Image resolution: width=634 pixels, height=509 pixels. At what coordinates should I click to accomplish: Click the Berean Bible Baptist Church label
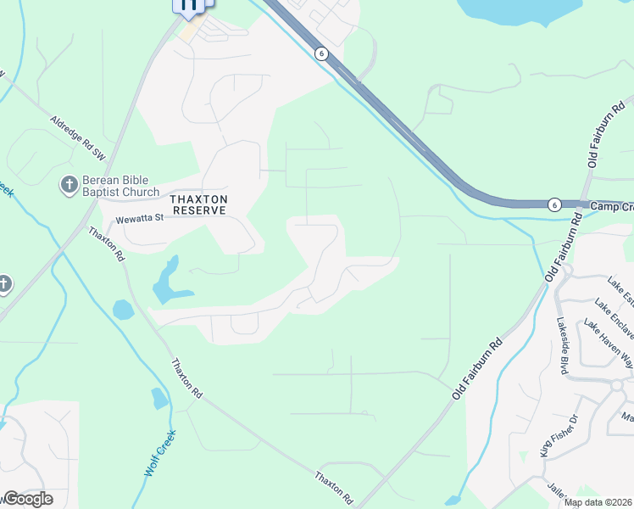[x=120, y=186]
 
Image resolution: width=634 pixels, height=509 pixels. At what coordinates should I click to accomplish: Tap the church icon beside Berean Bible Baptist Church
[x=68, y=184]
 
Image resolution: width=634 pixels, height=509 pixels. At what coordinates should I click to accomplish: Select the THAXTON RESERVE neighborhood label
[x=198, y=204]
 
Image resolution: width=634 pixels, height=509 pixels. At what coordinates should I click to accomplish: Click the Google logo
[x=27, y=499]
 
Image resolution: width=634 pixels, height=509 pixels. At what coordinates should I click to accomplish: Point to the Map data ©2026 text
[x=598, y=502]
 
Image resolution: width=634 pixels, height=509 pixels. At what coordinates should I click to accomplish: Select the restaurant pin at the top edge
[x=189, y=6]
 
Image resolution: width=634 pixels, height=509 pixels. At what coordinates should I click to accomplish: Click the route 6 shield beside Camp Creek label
[x=553, y=204]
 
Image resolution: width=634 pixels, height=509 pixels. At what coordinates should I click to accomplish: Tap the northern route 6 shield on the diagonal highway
[x=321, y=53]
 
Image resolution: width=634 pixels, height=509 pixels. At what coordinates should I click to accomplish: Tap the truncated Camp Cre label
[x=611, y=207]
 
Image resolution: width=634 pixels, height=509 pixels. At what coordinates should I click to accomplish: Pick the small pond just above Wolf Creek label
[x=158, y=398]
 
